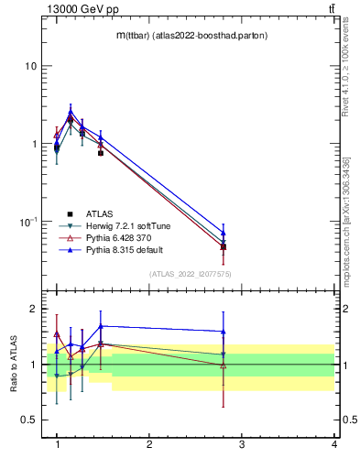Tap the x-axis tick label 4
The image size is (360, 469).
pyautogui.click(x=333, y=444)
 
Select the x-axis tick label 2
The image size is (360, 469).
pyautogui.click(x=149, y=444)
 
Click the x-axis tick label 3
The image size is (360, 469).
pyautogui.click(x=242, y=444)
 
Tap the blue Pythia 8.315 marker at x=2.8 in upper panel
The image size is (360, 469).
pyautogui.click(x=224, y=233)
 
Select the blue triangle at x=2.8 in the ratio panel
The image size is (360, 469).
pyautogui.click(x=224, y=332)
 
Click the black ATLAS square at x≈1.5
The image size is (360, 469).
pyautogui.click(x=101, y=153)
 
